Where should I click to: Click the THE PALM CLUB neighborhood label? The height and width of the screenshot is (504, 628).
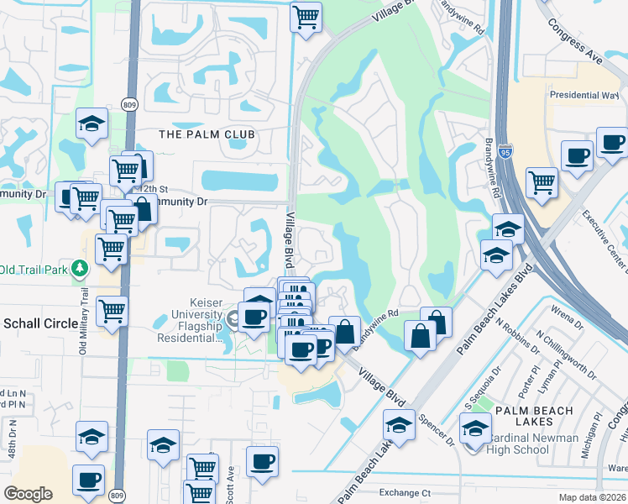(x=207, y=134)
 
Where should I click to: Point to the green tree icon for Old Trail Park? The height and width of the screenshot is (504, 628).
(x=80, y=269)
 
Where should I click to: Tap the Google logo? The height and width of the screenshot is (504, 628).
(x=28, y=493)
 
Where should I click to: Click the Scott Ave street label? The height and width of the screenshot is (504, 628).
(x=230, y=486)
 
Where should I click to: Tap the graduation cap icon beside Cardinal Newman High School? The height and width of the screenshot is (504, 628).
(x=475, y=429)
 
